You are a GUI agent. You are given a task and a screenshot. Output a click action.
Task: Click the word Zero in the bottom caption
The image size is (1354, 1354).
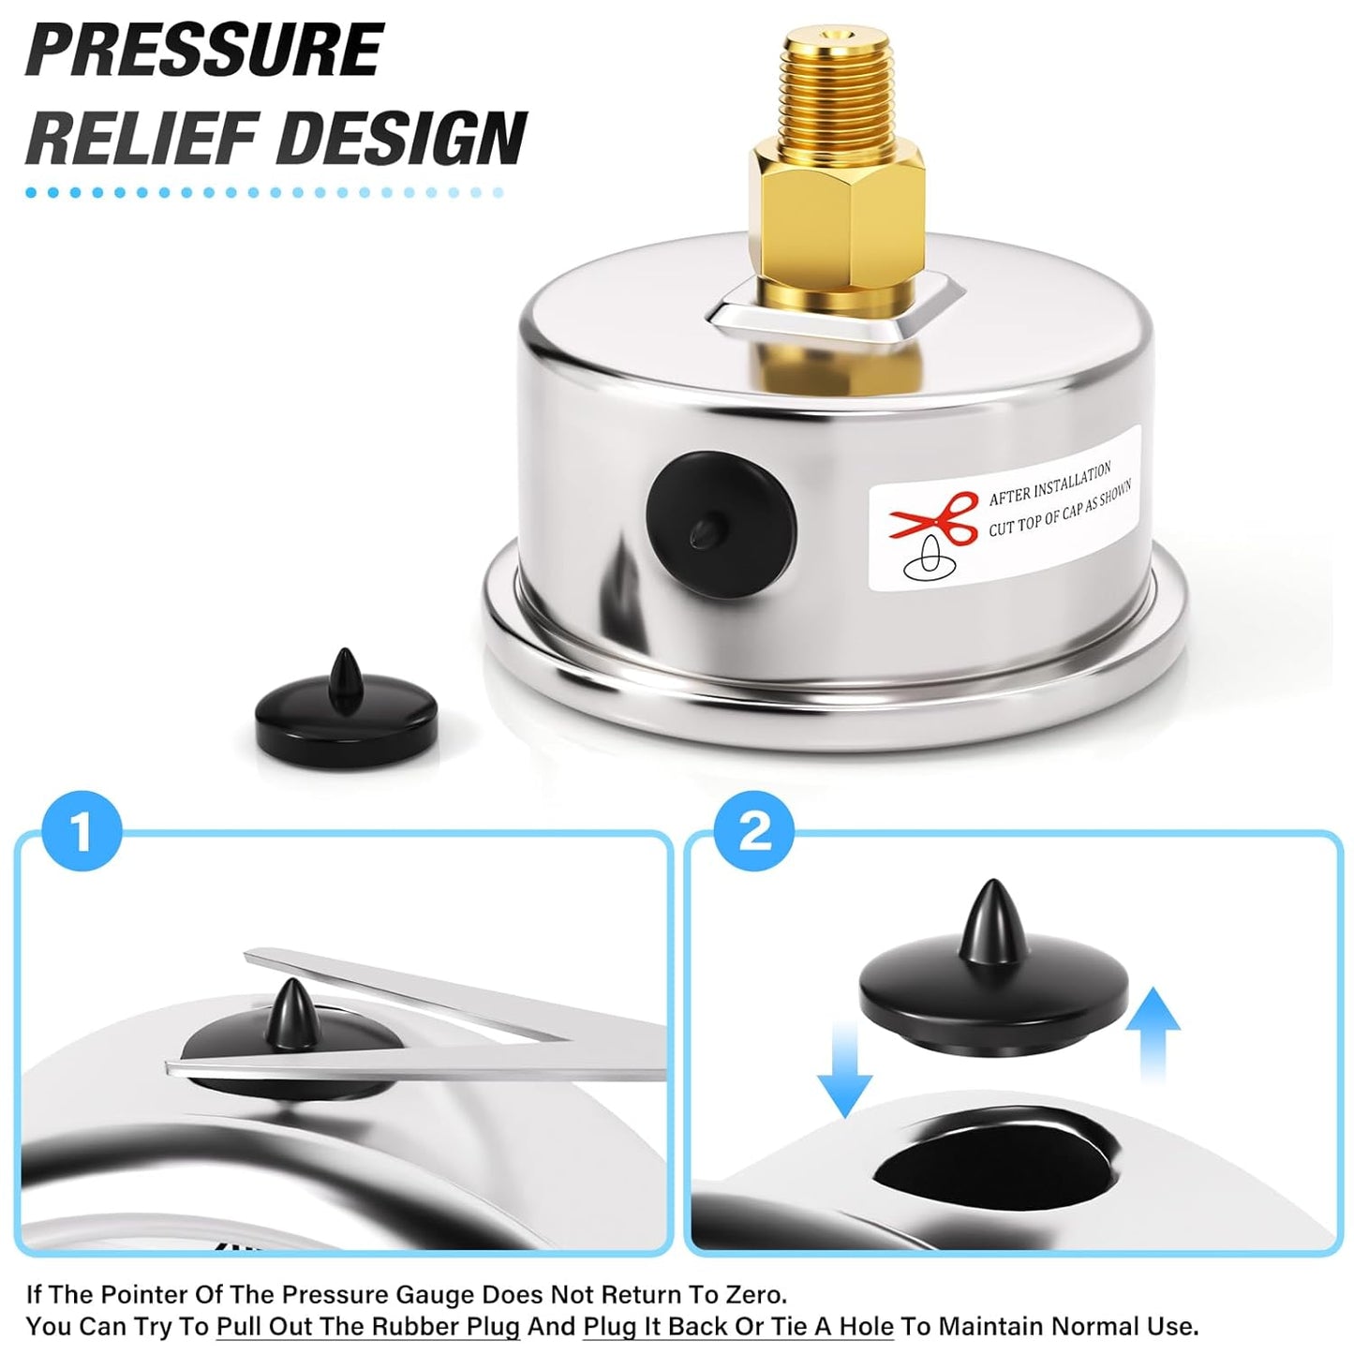752,1294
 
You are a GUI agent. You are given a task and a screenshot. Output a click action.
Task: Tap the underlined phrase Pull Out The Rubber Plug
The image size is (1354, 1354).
367,1326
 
